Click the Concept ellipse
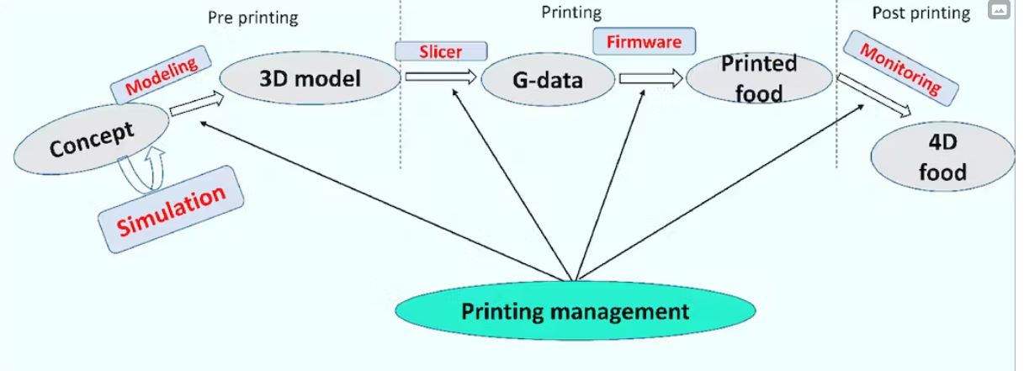click(x=92, y=139)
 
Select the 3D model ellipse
click(x=310, y=78)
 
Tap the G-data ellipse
click(x=548, y=80)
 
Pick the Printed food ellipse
click(x=759, y=78)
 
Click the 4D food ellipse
click(x=942, y=156)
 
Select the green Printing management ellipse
click(x=575, y=310)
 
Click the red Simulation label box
click(x=171, y=209)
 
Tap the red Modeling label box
click(x=161, y=75)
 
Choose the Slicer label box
click(x=441, y=51)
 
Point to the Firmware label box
click(x=645, y=41)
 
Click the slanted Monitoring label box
click(x=900, y=68)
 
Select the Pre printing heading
click(x=252, y=18)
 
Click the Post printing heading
click(x=921, y=13)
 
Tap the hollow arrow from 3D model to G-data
click(x=441, y=77)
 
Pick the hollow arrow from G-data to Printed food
click(x=651, y=78)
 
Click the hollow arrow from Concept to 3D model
click(x=197, y=103)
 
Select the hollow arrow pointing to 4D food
click(x=873, y=95)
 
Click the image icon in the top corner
click(x=999, y=10)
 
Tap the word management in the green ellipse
click(x=619, y=312)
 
